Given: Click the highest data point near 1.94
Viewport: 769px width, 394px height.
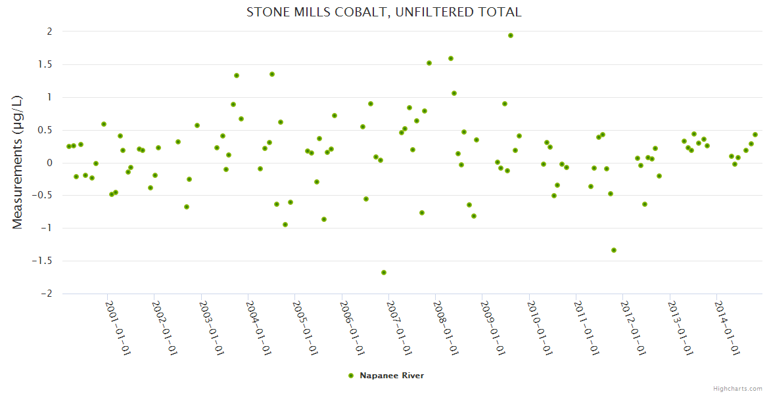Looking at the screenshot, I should [x=511, y=35].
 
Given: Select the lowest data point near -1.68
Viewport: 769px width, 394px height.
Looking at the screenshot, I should [x=384, y=273].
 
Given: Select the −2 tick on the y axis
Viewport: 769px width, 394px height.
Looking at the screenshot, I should [x=45, y=294].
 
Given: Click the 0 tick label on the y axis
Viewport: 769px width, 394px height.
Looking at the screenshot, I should [x=49, y=163].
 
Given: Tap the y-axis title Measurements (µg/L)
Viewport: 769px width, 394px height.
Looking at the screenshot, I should [x=18, y=162].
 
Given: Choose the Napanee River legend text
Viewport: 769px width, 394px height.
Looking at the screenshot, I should [x=392, y=376].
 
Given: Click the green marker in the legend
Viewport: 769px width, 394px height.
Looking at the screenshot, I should [x=351, y=376].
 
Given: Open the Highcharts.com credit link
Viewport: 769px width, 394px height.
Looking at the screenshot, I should [x=737, y=388].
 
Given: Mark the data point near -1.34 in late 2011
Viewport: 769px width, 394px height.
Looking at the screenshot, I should [x=614, y=250].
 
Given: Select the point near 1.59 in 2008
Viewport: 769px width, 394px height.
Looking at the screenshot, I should [x=451, y=58].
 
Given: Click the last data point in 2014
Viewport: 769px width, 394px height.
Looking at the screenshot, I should [x=755, y=135].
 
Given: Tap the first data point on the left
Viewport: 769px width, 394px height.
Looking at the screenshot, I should [x=68, y=146].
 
